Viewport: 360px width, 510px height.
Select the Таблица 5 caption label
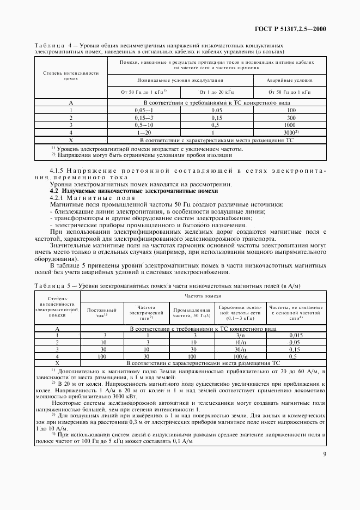click(52, 286)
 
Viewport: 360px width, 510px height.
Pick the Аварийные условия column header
click(289, 80)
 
